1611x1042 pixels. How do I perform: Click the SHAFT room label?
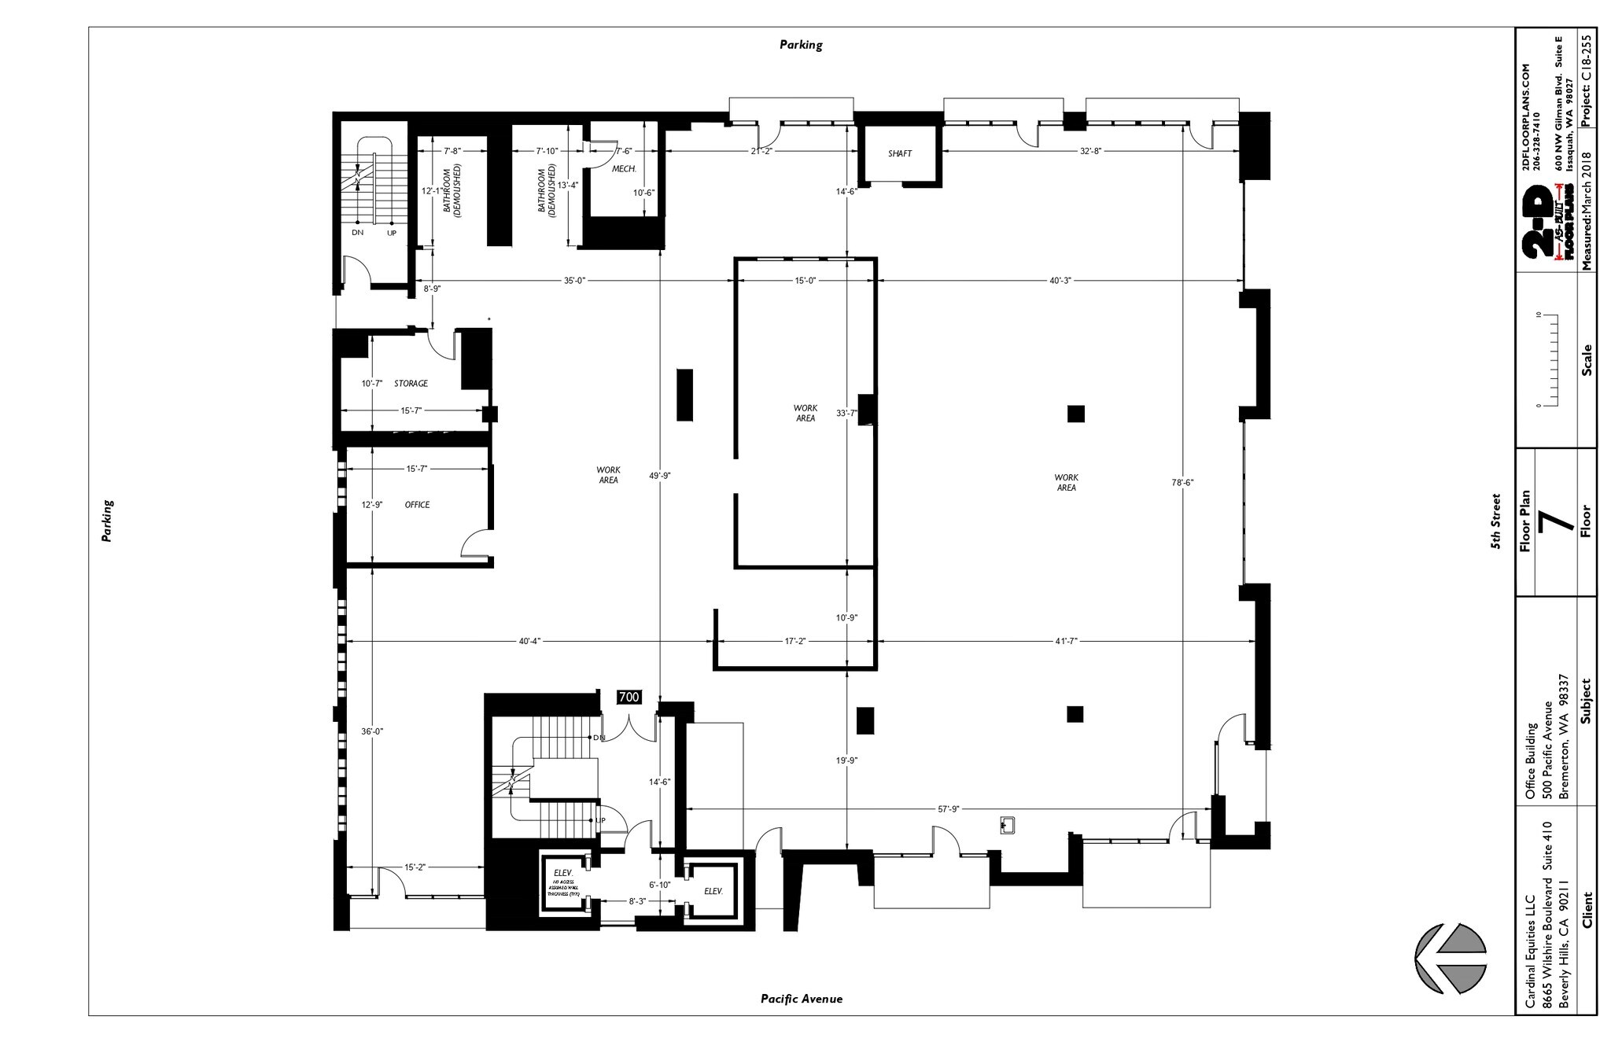tap(900, 153)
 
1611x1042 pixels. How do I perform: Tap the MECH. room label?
tap(623, 168)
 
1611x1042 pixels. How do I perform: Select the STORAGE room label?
tap(411, 384)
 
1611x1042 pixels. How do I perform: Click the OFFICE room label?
tap(417, 505)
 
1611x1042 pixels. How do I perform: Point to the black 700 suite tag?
tap(629, 698)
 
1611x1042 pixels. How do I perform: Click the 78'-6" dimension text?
tap(1182, 483)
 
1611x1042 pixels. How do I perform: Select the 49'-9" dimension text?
tap(659, 476)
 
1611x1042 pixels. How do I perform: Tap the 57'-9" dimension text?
tap(949, 808)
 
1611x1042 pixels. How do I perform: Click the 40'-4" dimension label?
tap(529, 641)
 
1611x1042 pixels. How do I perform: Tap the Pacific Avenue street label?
tap(801, 999)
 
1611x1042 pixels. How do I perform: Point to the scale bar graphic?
tap(1549, 360)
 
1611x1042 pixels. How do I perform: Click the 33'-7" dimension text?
tap(846, 413)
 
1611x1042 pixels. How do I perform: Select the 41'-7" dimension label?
tap(1065, 641)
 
